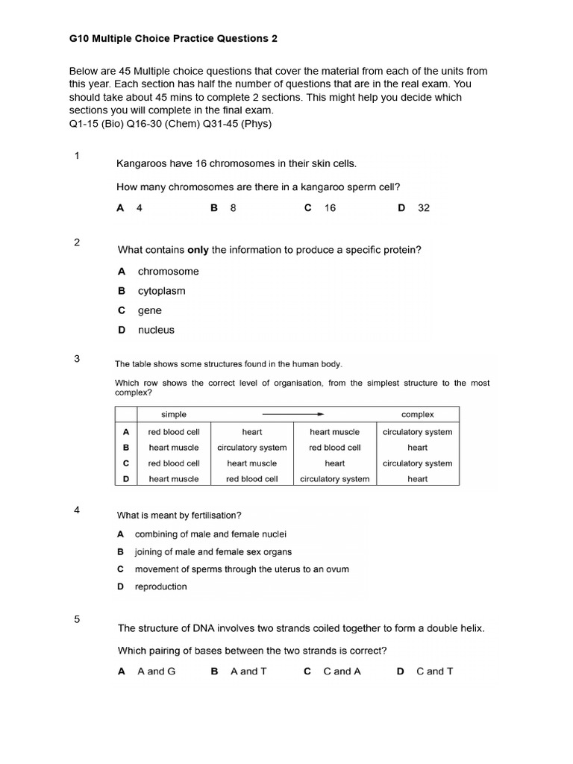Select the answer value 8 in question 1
(x=233, y=208)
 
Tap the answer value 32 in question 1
(x=423, y=208)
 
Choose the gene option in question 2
(x=149, y=310)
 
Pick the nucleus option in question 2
(x=155, y=330)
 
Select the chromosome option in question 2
(x=168, y=272)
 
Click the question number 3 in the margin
(x=77, y=359)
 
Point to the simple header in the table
(x=174, y=414)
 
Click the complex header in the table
(x=417, y=414)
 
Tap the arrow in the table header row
(x=292, y=414)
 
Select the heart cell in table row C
(x=334, y=463)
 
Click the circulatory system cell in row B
(x=251, y=448)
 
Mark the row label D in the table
(x=126, y=479)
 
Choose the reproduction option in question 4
(x=160, y=586)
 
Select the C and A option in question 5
(x=342, y=671)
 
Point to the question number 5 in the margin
(x=77, y=619)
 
